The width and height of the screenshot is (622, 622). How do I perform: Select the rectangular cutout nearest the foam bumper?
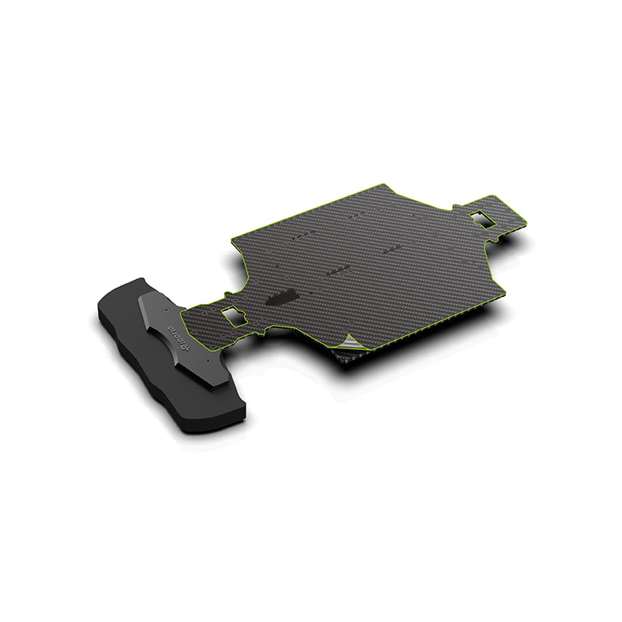(232, 316)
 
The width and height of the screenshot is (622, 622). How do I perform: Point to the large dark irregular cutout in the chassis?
(281, 298)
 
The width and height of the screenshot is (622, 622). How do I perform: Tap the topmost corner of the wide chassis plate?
(384, 185)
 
